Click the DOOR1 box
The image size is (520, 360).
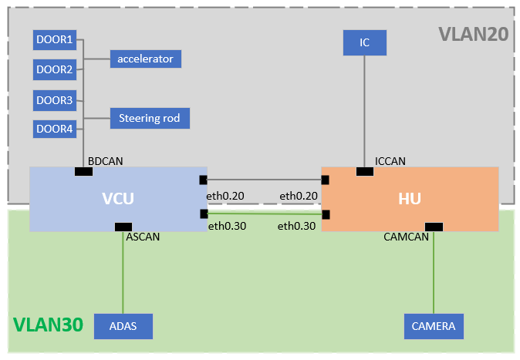54,39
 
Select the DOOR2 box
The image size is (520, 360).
54,69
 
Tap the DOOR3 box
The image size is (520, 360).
54,99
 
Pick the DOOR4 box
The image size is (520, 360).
54,129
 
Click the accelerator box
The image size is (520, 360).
145,59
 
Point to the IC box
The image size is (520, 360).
364,43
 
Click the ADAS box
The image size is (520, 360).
123,326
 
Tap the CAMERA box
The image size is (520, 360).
434,326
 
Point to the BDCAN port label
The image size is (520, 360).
105,160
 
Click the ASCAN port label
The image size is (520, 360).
142,237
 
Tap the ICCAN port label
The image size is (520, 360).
390,161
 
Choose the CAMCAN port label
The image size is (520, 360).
406,237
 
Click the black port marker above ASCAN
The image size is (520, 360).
123,227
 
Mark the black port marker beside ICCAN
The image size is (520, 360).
364,171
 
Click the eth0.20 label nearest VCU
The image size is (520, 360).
227,196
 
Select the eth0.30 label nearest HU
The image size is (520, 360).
297,226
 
